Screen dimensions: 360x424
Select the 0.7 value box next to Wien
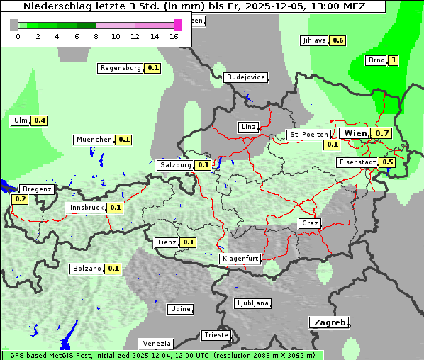[x=382, y=133]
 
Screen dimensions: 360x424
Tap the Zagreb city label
[x=329, y=322]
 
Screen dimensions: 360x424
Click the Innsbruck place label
[x=86, y=208]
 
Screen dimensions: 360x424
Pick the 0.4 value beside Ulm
[x=40, y=120]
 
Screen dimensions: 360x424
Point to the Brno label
[x=376, y=60]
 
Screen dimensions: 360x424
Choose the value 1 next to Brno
[x=394, y=60]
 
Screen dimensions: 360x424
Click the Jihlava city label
[x=314, y=40]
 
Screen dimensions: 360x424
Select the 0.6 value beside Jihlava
[x=338, y=40]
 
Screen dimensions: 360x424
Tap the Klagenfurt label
[x=240, y=259]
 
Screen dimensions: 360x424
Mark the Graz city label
[x=309, y=223]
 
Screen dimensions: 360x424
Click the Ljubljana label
[x=252, y=303]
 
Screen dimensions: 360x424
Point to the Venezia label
[x=155, y=343]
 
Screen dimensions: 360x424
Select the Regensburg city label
[x=121, y=68]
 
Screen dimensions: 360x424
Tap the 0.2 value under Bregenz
[x=20, y=199]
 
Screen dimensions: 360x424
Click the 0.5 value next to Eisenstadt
[x=387, y=162]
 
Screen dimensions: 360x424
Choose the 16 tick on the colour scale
[x=174, y=35]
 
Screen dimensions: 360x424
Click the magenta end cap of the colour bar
[x=177, y=25]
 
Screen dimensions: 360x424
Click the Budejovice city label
[x=245, y=77]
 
